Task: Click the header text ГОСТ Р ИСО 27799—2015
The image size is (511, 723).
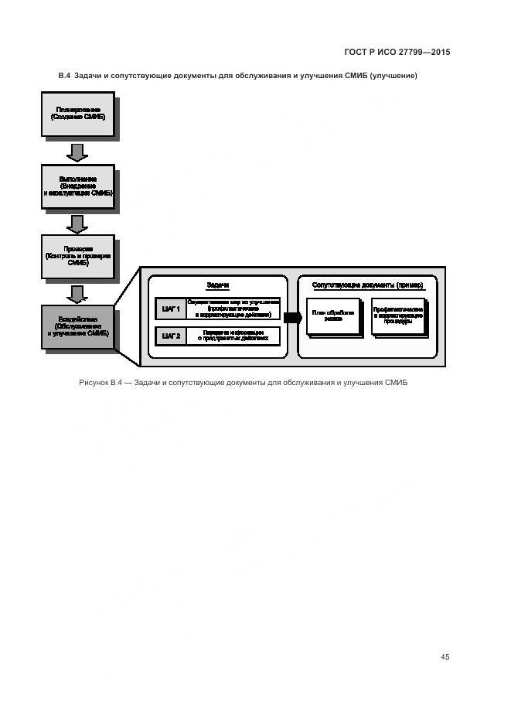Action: (397, 53)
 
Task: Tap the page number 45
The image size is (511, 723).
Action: (445, 656)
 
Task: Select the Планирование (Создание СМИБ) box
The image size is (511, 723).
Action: (77, 114)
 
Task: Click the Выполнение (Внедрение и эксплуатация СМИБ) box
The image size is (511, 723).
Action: (77, 186)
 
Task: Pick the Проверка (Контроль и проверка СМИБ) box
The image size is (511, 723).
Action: (77, 256)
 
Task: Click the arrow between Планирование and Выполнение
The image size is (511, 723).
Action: (77, 151)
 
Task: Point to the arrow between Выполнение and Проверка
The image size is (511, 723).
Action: (77, 223)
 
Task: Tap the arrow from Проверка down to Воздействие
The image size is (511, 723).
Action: (77, 294)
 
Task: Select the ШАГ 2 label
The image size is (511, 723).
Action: (171, 336)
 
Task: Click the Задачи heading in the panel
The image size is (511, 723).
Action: (218, 285)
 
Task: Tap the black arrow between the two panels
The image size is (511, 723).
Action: (292, 317)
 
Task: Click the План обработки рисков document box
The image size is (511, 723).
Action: (333, 315)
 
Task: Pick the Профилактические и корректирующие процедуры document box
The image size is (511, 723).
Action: (398, 315)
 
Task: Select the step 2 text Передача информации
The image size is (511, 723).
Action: (233, 336)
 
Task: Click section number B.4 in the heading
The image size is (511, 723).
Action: (64, 76)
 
